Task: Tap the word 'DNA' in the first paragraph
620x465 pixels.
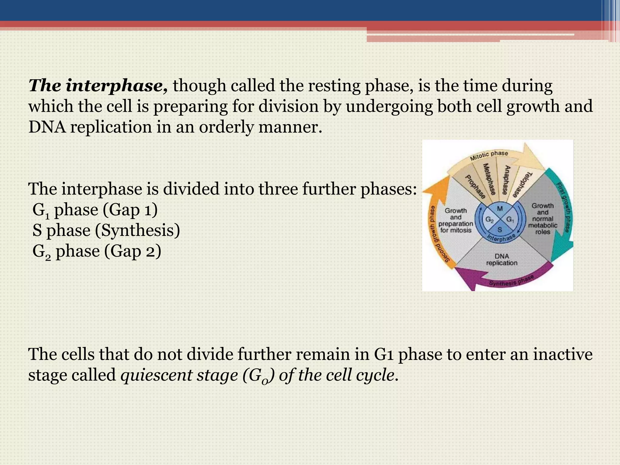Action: click(x=47, y=127)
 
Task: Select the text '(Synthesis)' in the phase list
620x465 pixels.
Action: click(x=137, y=231)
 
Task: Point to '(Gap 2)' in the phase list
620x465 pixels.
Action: click(x=133, y=251)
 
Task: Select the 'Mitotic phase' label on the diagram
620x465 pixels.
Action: click(x=489, y=155)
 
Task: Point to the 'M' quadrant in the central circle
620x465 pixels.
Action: click(x=500, y=209)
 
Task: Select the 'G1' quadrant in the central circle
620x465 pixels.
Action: click(x=510, y=220)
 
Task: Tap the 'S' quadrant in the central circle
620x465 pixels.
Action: click(x=500, y=230)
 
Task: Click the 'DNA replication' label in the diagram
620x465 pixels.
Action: click(x=502, y=260)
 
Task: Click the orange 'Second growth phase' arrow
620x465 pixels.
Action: click(x=439, y=230)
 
